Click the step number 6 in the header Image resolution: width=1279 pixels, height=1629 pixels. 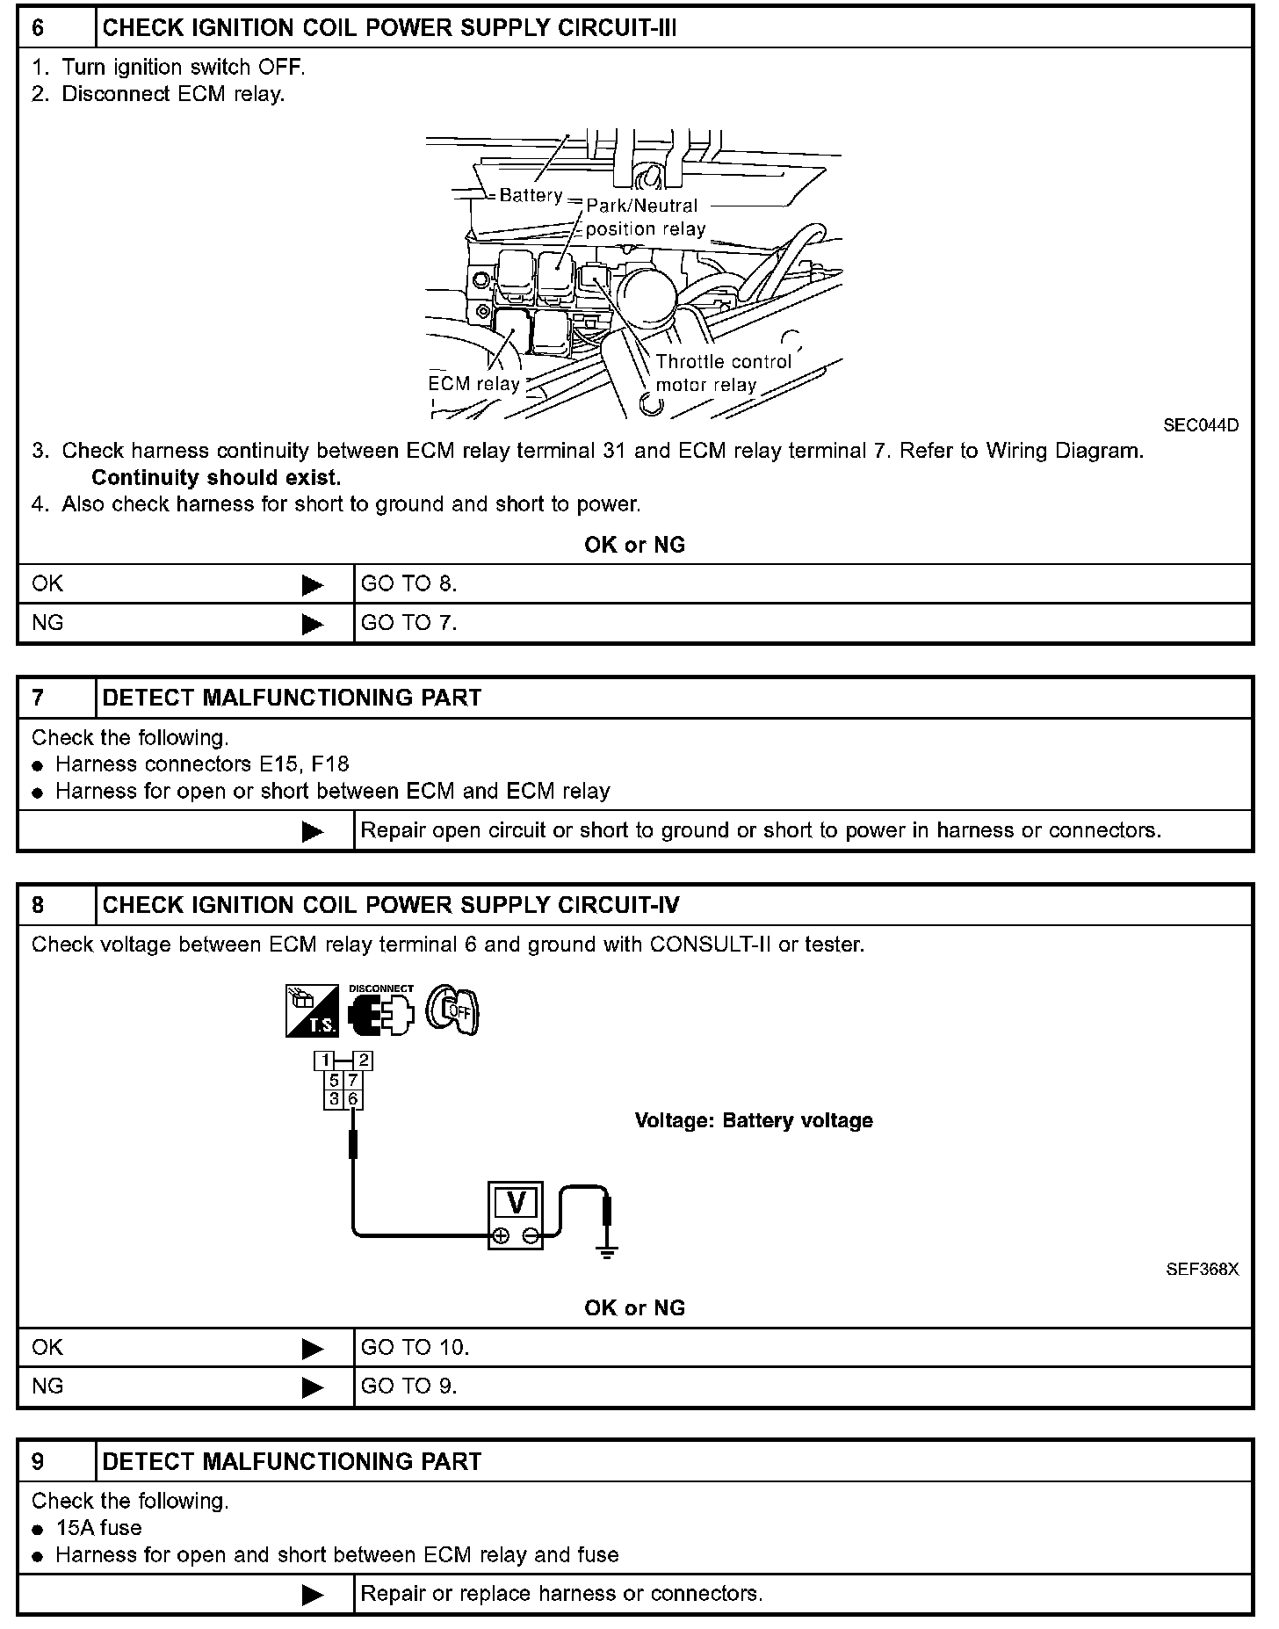[38, 28]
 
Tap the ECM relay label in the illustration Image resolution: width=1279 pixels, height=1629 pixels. [473, 384]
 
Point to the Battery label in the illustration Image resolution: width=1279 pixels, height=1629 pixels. [531, 195]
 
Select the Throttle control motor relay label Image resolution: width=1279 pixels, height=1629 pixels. [722, 373]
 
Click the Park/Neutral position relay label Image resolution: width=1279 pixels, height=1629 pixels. [645, 217]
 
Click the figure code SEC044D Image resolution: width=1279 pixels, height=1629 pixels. [1201, 425]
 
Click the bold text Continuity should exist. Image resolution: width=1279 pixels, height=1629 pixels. [216, 478]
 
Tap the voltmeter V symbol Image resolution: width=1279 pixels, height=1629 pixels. [517, 1202]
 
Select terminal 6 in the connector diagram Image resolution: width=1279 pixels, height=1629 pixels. [353, 1099]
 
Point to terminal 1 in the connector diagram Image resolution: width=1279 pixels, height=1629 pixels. [325, 1061]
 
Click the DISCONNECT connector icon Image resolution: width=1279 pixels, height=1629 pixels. [380, 1010]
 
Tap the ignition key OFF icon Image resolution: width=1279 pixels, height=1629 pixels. [453, 1010]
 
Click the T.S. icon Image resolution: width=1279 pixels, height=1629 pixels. [312, 1010]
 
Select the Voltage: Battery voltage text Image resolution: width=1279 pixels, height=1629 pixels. [754, 1121]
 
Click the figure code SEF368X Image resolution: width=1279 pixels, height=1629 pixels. [1202, 1270]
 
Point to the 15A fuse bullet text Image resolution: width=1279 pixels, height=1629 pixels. [99, 1528]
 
